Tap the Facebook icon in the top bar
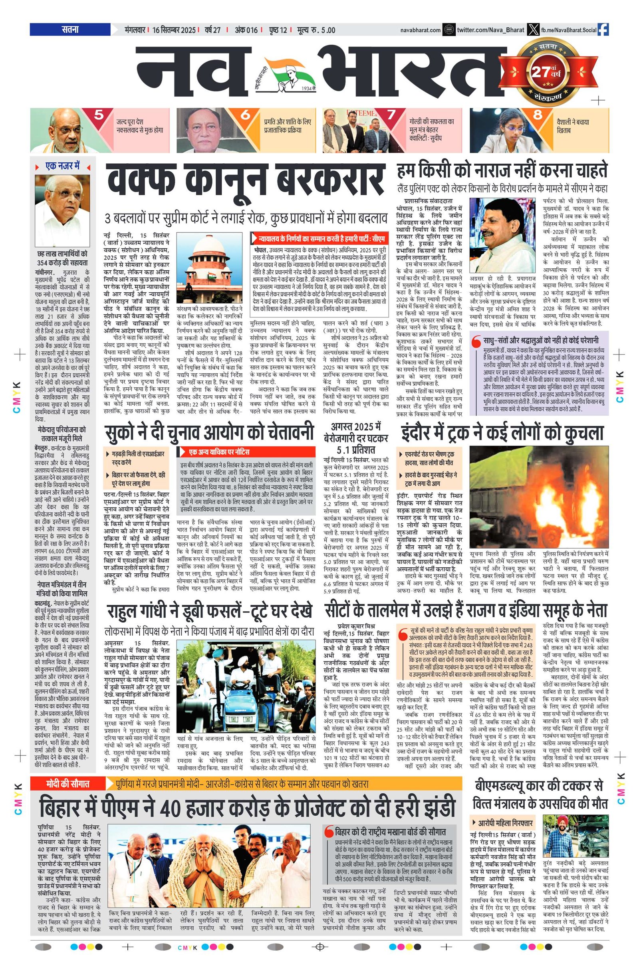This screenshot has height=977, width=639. coord(603,30)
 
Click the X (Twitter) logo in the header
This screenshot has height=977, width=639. coord(533,30)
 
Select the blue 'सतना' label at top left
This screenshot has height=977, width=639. coord(70,30)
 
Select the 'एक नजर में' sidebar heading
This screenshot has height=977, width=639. coord(62,166)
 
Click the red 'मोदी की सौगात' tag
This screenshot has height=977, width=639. coord(67,784)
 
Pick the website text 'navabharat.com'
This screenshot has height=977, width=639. coord(421,30)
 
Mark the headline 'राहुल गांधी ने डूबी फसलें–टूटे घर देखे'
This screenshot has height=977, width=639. coord(209,611)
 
